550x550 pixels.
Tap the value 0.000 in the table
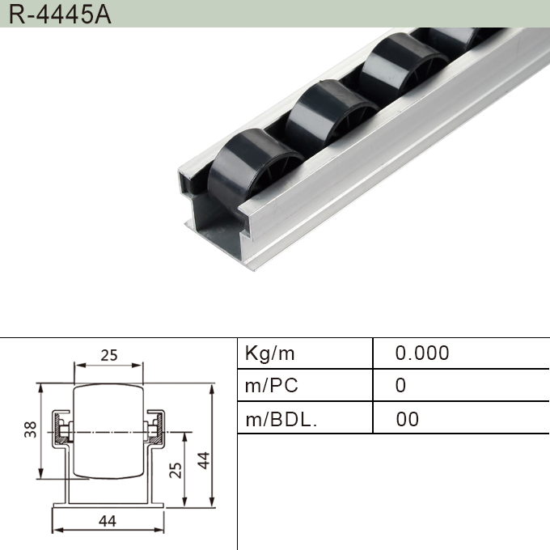(x=421, y=353)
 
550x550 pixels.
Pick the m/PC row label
(x=272, y=386)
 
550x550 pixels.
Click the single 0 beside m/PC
(x=400, y=386)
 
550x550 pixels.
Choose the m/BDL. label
(x=281, y=419)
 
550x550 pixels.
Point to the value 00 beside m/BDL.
(x=408, y=419)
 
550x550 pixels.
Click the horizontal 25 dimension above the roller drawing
(x=109, y=355)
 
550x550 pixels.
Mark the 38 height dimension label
(x=31, y=430)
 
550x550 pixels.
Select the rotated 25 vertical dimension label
(x=176, y=469)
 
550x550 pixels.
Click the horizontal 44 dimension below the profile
(x=108, y=521)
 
